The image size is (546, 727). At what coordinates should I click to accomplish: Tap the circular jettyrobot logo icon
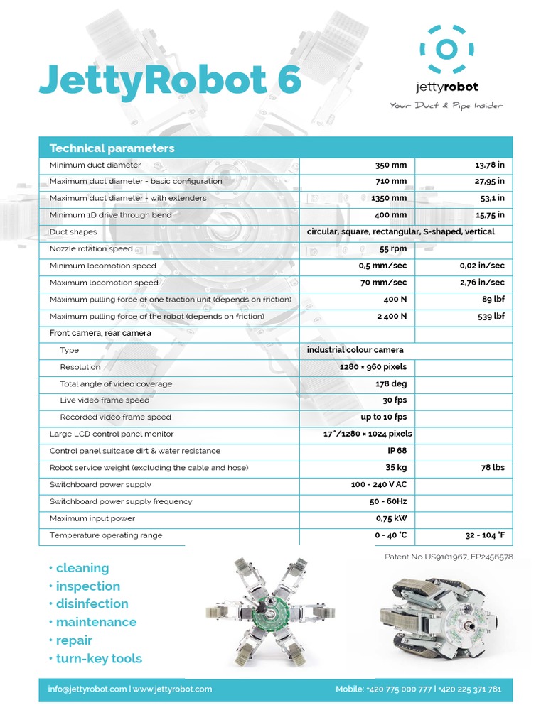[447, 49]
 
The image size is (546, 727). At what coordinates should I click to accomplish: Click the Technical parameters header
[112, 148]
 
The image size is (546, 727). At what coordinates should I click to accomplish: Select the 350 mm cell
[391, 165]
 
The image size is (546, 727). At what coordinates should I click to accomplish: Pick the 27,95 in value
[489, 182]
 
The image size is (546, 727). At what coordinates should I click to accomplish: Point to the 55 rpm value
[393, 249]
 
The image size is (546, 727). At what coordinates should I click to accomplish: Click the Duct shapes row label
[73, 232]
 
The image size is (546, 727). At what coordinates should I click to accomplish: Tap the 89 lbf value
[493, 300]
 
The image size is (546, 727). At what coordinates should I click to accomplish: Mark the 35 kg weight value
[396, 468]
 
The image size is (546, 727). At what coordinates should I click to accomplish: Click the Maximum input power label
[92, 518]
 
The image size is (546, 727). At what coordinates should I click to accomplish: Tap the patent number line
[448, 557]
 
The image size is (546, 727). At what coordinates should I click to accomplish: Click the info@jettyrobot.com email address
[87, 689]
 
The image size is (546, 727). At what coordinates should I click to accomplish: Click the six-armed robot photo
[270, 612]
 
